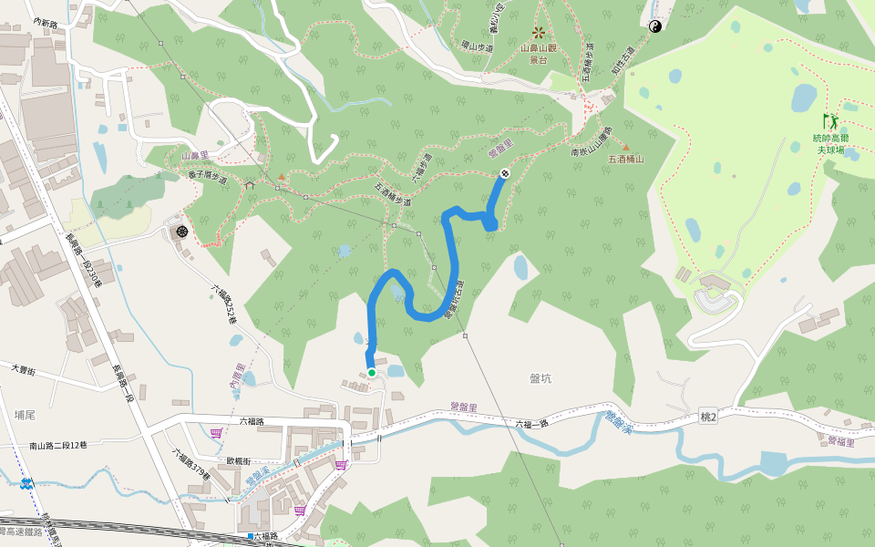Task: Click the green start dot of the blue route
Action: [x=372, y=372]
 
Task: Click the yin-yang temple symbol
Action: [x=654, y=27]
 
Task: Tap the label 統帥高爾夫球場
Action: [x=830, y=143]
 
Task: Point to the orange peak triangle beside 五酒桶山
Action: [x=625, y=146]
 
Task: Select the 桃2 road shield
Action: [x=710, y=416]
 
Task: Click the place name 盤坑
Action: [x=540, y=377]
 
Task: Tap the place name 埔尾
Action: [x=26, y=413]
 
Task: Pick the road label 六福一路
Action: [x=533, y=424]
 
